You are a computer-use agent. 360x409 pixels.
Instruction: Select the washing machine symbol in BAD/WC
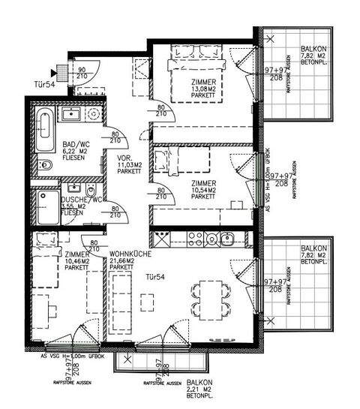93,116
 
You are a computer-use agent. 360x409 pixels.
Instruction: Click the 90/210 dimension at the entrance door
81,74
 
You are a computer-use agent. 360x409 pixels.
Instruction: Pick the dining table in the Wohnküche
209,294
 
